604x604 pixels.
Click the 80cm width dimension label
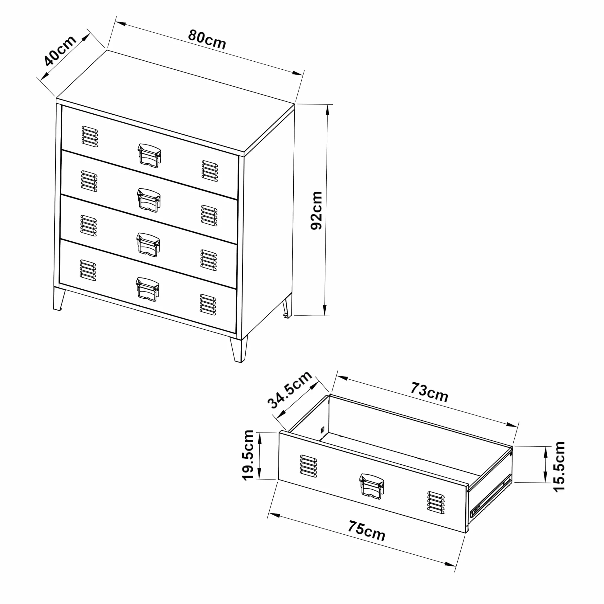coord(207,39)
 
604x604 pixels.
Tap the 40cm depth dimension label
coord(60,50)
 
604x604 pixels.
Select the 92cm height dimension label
coord(316,210)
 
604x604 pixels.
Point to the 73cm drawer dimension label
coord(429,392)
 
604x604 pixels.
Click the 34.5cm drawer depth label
coord(290,389)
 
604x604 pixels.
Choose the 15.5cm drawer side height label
coord(559,467)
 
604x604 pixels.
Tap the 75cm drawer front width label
coord(366,531)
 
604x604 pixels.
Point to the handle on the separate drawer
coord(372,487)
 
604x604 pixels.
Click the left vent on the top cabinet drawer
coord(90,137)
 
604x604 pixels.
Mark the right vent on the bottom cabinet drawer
coord(208,305)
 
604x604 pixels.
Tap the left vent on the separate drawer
coord(308,466)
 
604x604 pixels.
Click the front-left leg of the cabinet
coord(59,299)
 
